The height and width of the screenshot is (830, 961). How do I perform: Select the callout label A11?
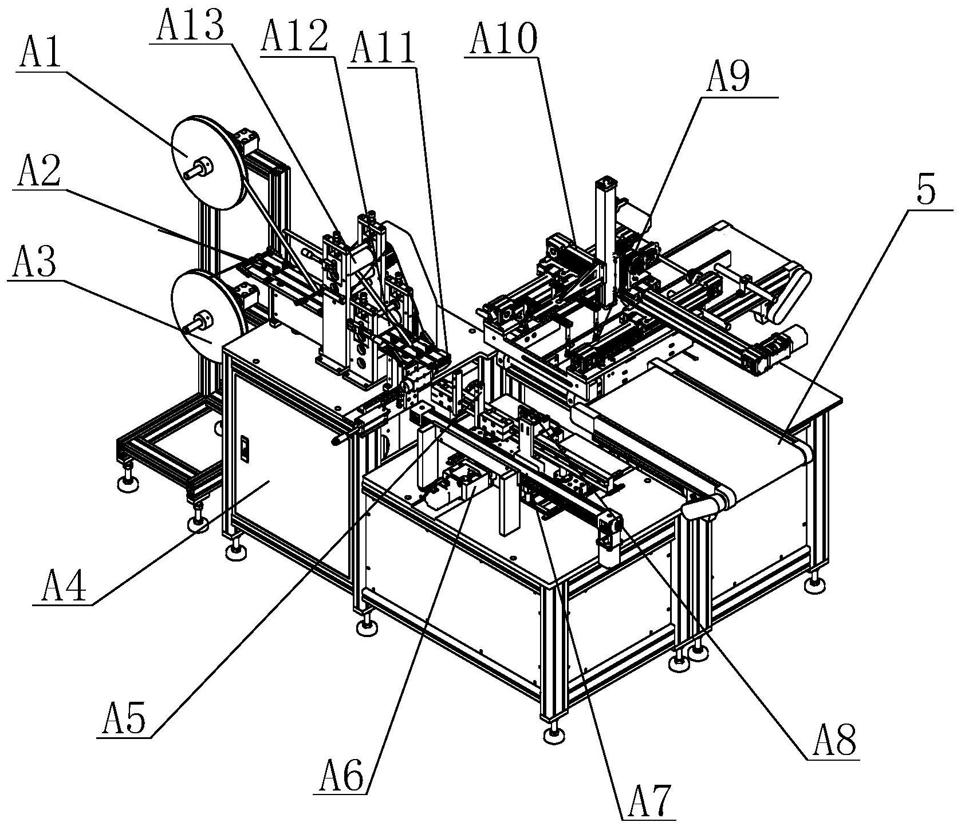coord(383,49)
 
